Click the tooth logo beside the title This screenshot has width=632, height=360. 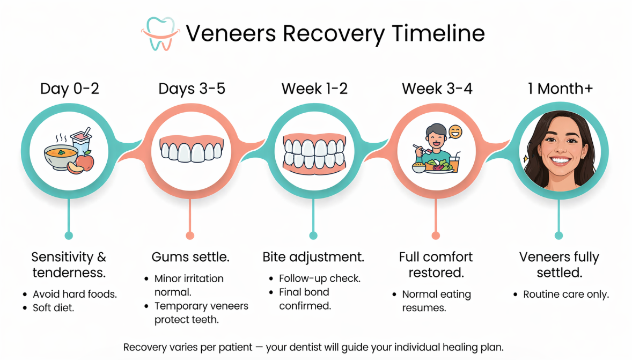(160, 34)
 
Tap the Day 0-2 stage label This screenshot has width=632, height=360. (70, 89)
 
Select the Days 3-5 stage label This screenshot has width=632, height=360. (192, 89)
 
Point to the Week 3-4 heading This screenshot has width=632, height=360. (437, 89)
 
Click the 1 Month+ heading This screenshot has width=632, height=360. (560, 89)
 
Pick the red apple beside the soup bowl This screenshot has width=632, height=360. (84, 160)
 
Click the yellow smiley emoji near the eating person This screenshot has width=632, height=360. (455, 132)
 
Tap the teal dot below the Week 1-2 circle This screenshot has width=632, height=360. (313, 236)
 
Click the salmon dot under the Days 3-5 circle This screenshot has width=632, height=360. (189, 236)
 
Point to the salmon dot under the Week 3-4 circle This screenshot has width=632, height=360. (436, 236)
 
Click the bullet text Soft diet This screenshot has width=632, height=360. (54, 308)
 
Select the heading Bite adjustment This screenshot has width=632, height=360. (313, 258)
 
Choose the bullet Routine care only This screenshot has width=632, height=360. (566, 295)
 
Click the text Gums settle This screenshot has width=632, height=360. (190, 258)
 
